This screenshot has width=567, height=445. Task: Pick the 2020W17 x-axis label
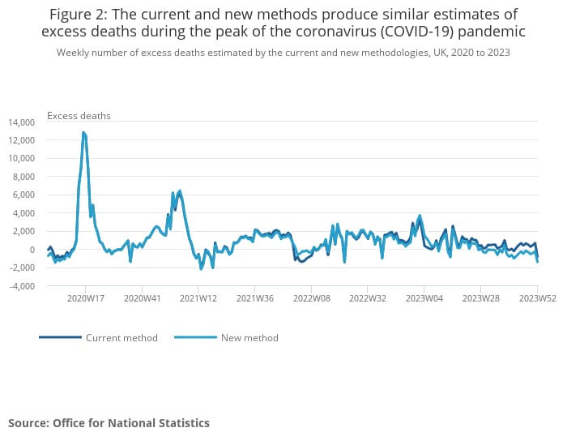point(85,298)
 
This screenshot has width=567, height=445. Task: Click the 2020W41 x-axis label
point(142,298)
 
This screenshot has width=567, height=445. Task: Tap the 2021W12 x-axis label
point(198,298)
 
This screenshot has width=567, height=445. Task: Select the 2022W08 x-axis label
point(311,298)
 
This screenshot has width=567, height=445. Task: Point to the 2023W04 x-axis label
point(424,298)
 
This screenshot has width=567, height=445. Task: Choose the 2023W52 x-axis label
point(536,298)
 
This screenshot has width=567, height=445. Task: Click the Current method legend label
point(122,338)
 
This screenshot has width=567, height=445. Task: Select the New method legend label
point(249,338)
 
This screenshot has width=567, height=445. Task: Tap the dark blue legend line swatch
point(60,337)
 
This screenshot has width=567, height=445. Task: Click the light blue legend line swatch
point(195,337)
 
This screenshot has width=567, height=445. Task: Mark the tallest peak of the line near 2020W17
point(83,132)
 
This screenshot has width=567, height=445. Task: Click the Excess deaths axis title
point(79,116)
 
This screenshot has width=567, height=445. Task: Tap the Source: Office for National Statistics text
point(109,423)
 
